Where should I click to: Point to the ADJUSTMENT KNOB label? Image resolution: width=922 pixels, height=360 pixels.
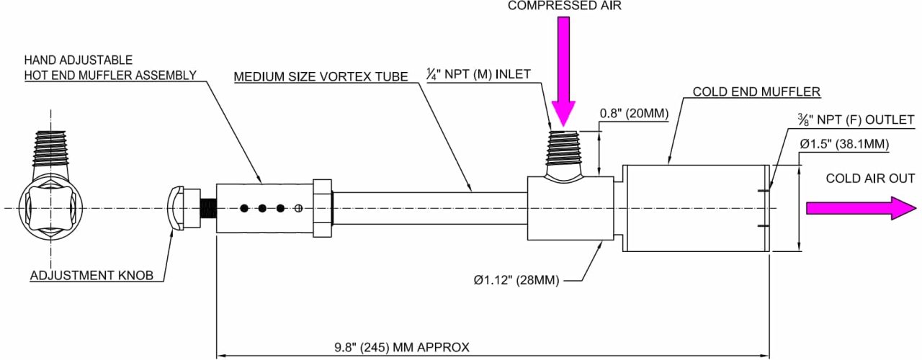click(x=91, y=275)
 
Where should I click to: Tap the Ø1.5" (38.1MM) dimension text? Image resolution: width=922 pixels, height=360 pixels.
click(x=844, y=144)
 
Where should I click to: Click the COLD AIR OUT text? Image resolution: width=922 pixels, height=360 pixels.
click(x=870, y=179)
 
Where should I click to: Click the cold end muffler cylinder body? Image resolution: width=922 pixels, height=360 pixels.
click(x=695, y=208)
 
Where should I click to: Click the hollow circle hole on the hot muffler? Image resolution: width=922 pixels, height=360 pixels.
click(x=299, y=209)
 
